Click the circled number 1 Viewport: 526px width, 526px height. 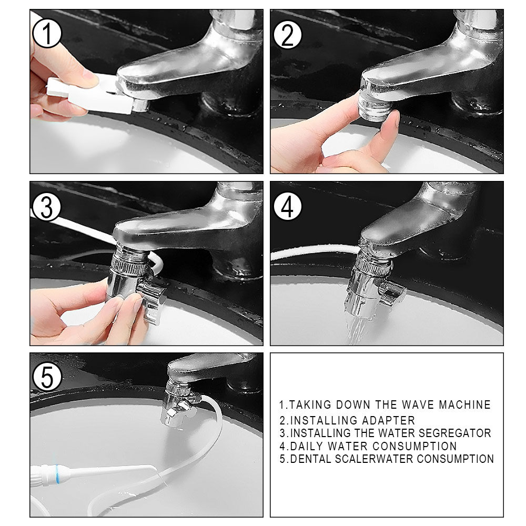point(47,33)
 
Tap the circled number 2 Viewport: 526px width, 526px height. point(288,35)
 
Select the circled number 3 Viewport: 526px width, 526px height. point(47,207)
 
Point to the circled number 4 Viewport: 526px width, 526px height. point(288,206)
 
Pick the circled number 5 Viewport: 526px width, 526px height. point(47,377)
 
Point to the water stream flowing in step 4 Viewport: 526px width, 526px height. point(356,329)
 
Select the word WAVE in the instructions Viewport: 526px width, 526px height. point(418,404)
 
